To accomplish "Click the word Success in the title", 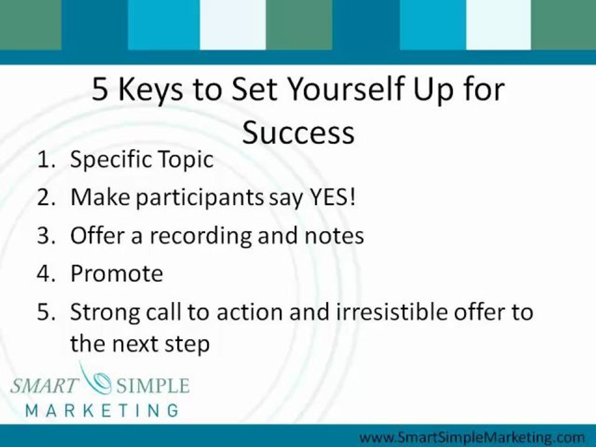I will pyautogui.click(x=298, y=132).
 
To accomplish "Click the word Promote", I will pyautogui.click(x=117, y=274).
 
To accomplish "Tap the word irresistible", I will pyautogui.click(x=379, y=312).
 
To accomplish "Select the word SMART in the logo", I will pyautogui.click(x=45, y=386).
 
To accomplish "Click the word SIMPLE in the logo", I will pyautogui.click(x=151, y=386).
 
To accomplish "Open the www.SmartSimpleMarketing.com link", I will pyautogui.click(x=472, y=437).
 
